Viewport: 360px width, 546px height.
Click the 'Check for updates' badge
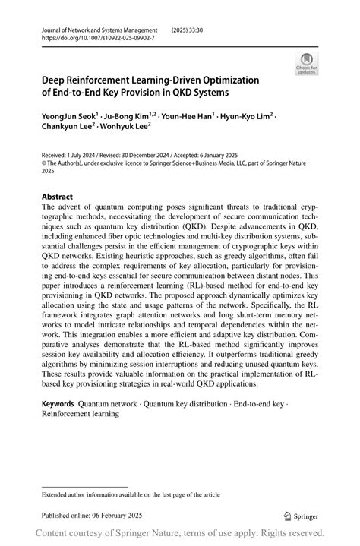(306, 64)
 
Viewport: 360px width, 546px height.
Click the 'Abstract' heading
(58, 196)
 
